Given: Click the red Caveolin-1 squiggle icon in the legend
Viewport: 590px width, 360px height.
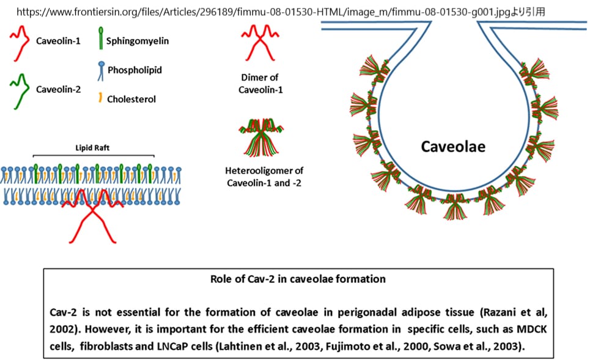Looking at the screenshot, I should coord(19,45).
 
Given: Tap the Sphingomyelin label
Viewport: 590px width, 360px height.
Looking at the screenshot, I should coord(138,41).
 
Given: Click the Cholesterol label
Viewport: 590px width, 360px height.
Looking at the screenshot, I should coord(131,98).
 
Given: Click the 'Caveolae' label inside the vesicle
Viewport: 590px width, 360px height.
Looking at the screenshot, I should coord(452,147).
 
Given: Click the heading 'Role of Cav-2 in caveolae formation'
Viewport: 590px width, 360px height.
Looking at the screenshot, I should coord(298,279).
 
